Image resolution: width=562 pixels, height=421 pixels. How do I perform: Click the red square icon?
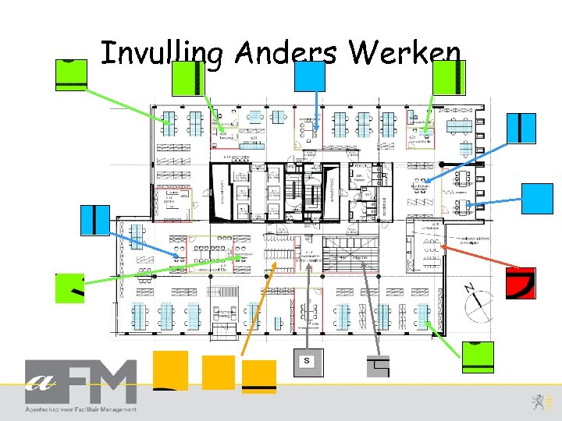[521, 283]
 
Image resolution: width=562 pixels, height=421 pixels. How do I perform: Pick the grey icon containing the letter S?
[307, 360]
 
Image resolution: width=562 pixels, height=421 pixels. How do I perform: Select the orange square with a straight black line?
[259, 376]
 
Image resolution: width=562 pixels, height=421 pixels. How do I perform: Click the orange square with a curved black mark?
[170, 370]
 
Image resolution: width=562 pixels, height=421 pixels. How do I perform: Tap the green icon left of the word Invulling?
[70, 74]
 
